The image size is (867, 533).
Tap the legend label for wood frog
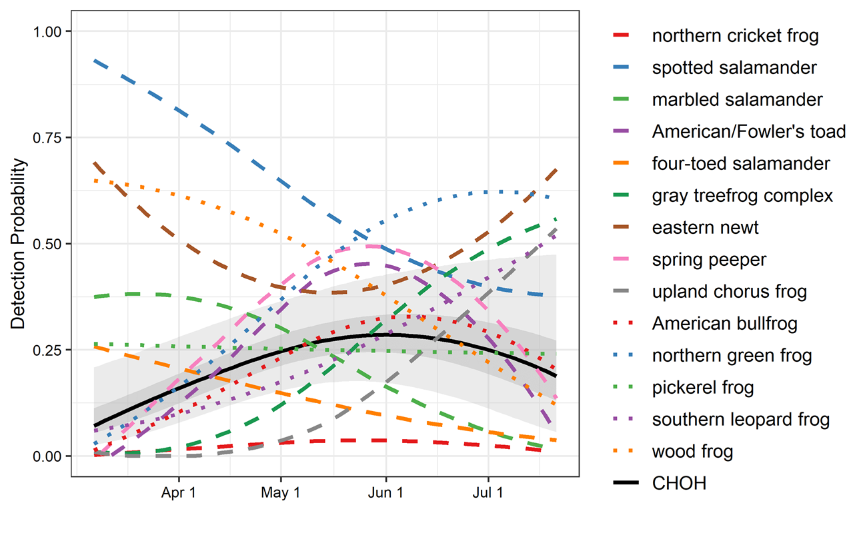(692, 452)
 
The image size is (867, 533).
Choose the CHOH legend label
(679, 484)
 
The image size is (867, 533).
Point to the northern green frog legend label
(732, 355)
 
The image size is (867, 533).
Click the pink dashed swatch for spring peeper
(628, 260)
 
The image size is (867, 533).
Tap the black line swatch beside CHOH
(628, 484)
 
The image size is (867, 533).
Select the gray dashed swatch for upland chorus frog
(628, 292)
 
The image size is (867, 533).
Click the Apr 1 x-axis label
(179, 494)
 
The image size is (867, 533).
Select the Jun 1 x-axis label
(385, 494)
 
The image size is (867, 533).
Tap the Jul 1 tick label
(488, 494)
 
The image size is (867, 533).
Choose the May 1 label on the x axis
(280, 494)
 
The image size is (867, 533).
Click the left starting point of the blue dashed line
(95, 61)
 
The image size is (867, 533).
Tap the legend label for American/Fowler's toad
(749, 131)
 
